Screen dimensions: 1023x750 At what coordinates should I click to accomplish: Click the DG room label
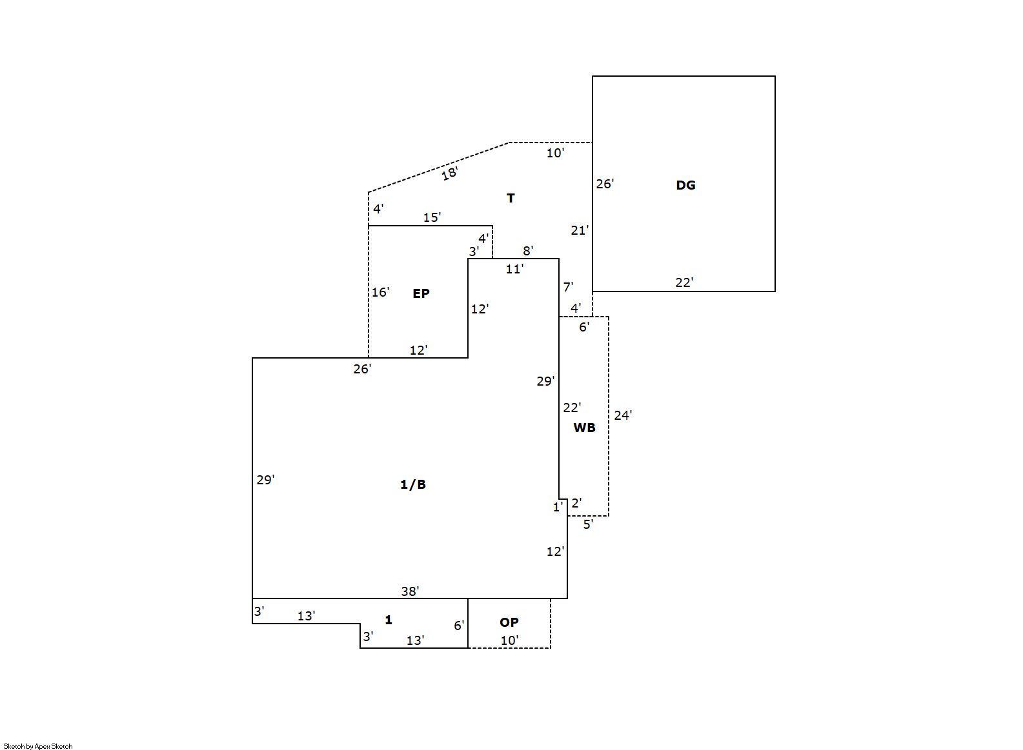[685, 185]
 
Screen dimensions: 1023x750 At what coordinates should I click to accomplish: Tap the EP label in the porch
[421, 293]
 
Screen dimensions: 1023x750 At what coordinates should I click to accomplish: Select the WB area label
[585, 428]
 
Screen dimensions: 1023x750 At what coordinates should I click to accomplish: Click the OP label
[509, 622]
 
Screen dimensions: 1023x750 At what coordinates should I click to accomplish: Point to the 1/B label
[413, 484]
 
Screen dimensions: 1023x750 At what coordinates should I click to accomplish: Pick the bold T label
[511, 198]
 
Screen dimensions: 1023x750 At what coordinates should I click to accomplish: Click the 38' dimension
[410, 591]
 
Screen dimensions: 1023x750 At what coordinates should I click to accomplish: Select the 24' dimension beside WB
[623, 415]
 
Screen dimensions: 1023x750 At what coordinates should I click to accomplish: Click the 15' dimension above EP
[432, 217]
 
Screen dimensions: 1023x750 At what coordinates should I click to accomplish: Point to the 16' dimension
[380, 292]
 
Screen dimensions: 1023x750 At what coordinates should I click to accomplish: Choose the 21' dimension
[580, 230]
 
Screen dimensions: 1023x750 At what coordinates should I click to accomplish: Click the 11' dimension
[514, 269]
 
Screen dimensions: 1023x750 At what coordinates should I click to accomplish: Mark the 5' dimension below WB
[588, 524]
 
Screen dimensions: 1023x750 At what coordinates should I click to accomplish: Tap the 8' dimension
[528, 250]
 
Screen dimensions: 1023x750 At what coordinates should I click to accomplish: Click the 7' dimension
[568, 287]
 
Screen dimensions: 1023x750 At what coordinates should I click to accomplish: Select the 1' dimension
[558, 507]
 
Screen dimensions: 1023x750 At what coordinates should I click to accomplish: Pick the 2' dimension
[576, 503]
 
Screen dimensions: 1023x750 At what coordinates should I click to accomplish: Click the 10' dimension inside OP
[510, 640]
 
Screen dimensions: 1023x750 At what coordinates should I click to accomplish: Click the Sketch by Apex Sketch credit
[38, 746]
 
